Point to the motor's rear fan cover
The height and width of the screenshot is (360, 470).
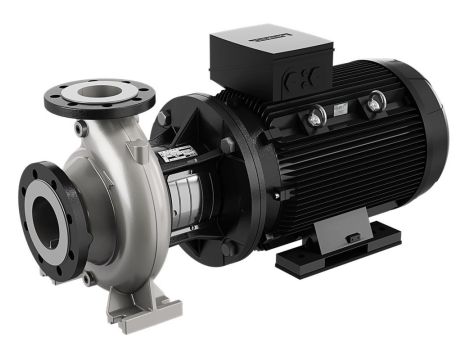430,150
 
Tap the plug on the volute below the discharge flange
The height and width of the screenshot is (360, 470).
81,129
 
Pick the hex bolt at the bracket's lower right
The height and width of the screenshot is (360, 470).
228,246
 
